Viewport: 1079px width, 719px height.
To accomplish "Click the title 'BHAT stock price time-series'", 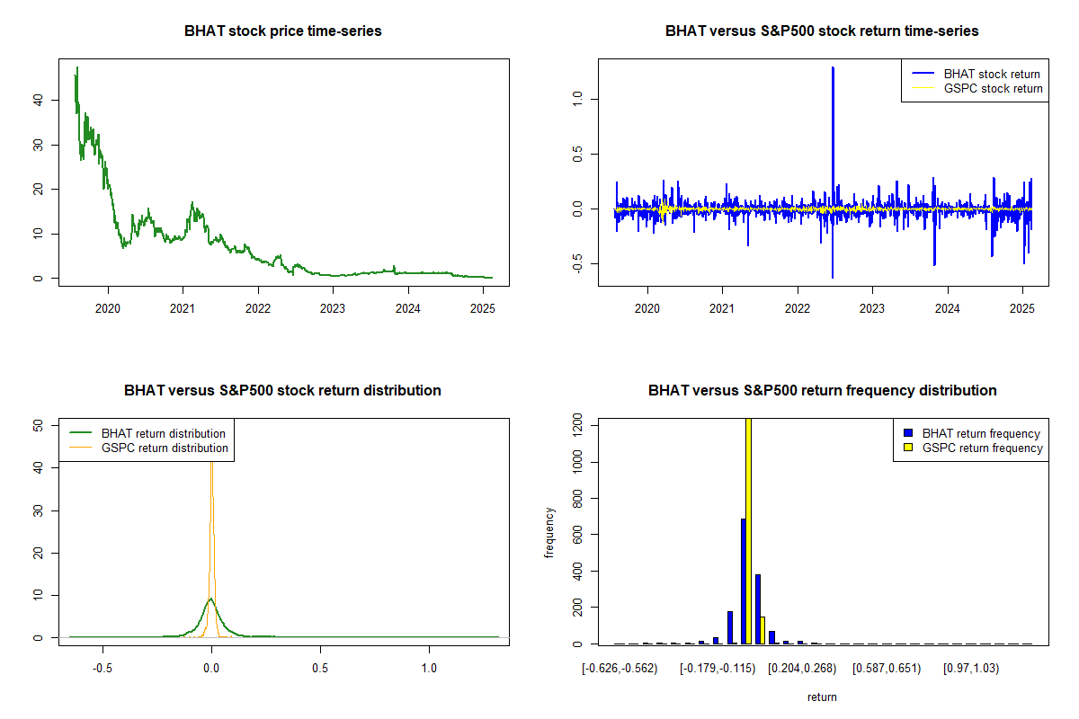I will [x=283, y=31].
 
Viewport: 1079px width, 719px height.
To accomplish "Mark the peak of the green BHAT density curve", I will [x=210, y=598].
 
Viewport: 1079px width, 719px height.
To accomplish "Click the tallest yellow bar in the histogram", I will [x=748, y=530].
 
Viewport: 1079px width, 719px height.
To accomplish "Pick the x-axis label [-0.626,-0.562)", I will [x=620, y=669].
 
